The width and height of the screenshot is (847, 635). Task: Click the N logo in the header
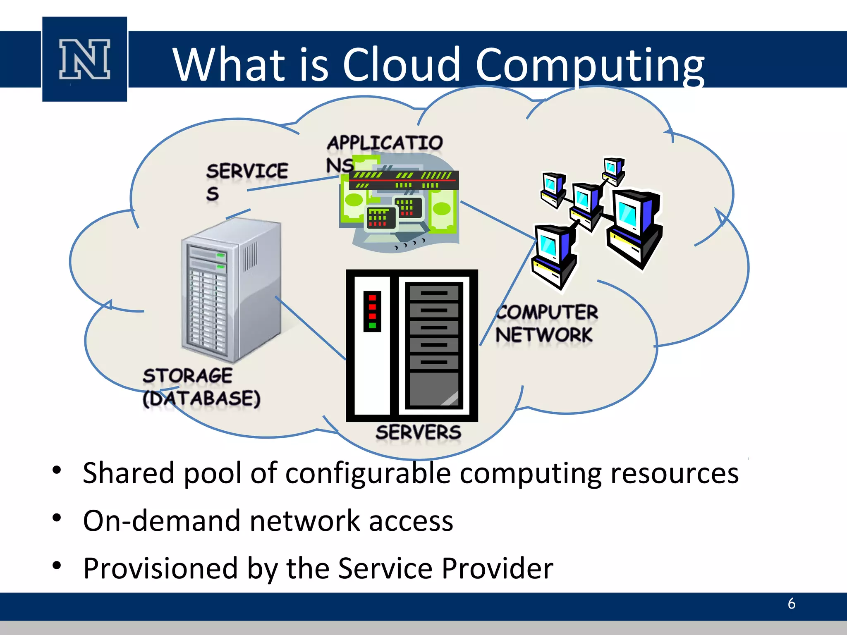tap(85, 59)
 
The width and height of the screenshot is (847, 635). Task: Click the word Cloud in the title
tap(401, 65)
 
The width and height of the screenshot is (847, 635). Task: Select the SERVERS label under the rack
tap(418, 432)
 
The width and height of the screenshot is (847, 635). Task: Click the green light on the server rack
tap(372, 325)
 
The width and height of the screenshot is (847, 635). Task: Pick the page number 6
tap(791, 604)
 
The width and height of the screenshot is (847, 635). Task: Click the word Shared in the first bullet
tap(129, 473)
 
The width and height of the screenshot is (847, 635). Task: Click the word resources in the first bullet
tap(675, 473)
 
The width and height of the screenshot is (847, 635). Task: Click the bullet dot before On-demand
tap(57, 518)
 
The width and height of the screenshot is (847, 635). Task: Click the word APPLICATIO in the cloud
tap(385, 143)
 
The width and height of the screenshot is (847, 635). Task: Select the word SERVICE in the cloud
tap(247, 171)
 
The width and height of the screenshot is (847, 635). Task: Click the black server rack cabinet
tap(412, 346)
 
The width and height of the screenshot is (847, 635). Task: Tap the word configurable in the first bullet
tap(368, 473)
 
